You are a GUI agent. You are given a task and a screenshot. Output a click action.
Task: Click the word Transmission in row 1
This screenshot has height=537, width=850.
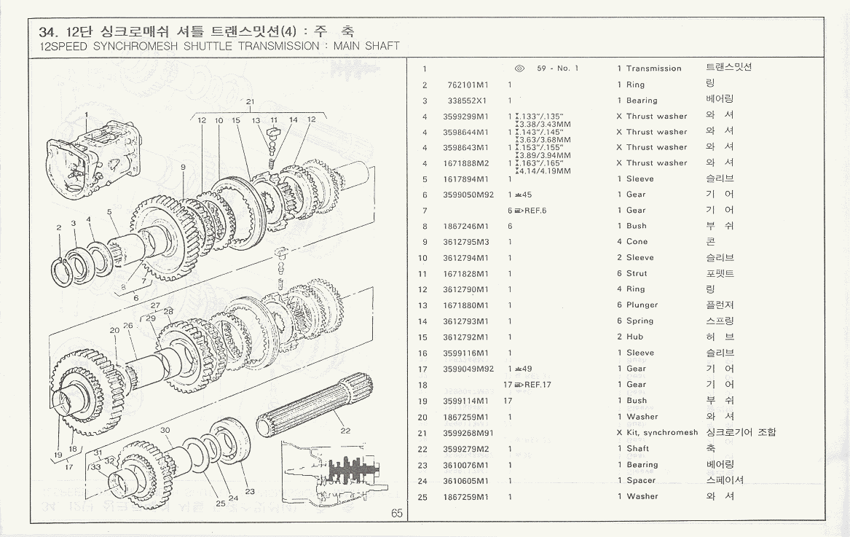tap(653, 68)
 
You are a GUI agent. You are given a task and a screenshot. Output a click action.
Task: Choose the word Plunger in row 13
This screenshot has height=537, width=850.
tap(642, 305)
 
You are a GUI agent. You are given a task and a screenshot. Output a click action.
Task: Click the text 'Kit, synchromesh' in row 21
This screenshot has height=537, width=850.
tap(661, 433)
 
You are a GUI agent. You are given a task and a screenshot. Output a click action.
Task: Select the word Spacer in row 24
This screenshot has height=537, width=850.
tap(641, 481)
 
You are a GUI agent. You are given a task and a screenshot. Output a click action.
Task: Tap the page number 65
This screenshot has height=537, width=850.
tap(396, 513)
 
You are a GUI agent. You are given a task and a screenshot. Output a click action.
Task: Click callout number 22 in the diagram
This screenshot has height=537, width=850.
tap(345, 431)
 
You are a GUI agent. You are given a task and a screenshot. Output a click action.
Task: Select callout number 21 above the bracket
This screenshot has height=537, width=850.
tap(250, 101)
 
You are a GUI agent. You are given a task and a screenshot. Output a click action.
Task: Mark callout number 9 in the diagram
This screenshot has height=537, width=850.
tap(183, 167)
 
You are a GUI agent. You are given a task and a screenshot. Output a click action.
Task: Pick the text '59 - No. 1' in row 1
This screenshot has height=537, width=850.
tap(557, 68)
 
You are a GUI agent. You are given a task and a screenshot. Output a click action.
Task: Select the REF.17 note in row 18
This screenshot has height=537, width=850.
tap(537, 385)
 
